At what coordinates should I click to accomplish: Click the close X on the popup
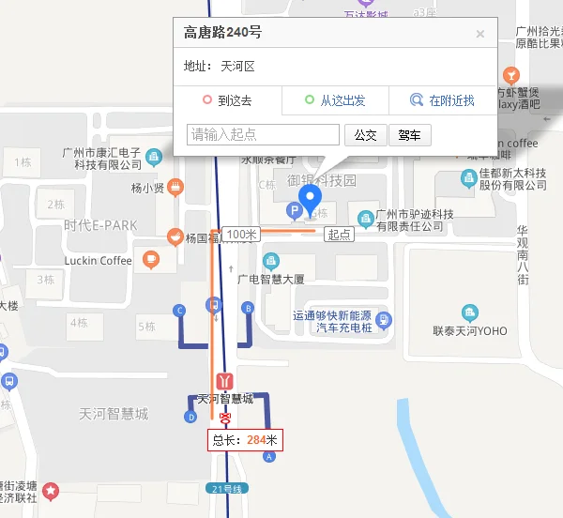coord(480,34)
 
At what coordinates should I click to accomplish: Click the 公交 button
coord(365,135)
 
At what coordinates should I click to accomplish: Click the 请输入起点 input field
coord(264,135)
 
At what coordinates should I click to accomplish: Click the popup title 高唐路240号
coord(223,33)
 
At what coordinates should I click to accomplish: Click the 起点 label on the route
coord(339,234)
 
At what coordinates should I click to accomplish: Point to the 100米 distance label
coord(241,234)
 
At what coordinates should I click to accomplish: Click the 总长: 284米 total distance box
coord(245,439)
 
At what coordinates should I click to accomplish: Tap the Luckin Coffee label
coord(99,260)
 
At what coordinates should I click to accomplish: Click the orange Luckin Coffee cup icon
coord(151,259)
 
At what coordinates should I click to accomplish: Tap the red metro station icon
coord(224,381)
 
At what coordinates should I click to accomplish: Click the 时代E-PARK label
coord(100,225)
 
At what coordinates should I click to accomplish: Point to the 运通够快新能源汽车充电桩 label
coord(333,322)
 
